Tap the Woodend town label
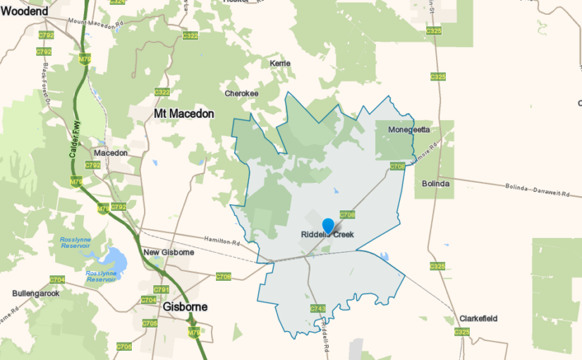tap(25, 11)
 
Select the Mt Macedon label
tap(183, 113)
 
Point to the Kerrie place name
tap(280, 64)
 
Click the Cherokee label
tap(241, 93)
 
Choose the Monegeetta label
tap(409, 130)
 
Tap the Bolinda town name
tap(435, 184)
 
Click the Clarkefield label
tap(478, 318)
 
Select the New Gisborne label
tap(168, 253)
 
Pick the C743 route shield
tap(317, 308)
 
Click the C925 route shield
tap(462, 332)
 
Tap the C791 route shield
tap(161, 289)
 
